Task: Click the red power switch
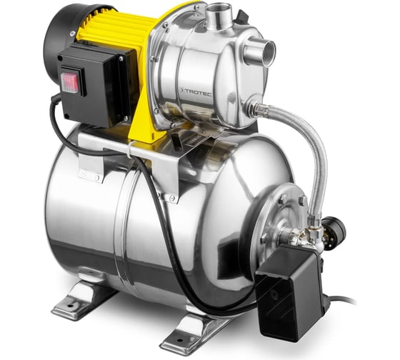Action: point(69,82)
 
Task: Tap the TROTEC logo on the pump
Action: point(196,92)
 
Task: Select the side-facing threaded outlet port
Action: point(261,52)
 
